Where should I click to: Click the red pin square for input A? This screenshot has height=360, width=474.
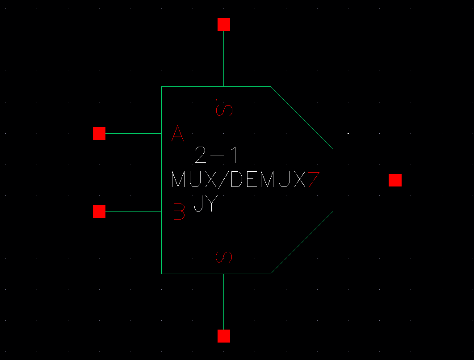click(99, 133)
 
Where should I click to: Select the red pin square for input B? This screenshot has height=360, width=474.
click(99, 211)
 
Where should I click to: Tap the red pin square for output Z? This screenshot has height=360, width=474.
click(395, 180)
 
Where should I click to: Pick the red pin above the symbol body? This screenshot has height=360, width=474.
click(223, 24)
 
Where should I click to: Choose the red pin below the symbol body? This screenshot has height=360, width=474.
click(223, 336)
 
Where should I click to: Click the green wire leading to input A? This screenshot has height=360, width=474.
click(133, 133)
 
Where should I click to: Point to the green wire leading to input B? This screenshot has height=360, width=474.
click(133, 211)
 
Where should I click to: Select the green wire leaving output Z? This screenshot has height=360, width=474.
click(361, 180)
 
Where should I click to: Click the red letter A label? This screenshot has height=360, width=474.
click(178, 133)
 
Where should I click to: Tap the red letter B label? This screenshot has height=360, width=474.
click(179, 212)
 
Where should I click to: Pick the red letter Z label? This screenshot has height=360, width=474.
click(314, 180)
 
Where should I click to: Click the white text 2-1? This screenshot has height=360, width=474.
click(216, 156)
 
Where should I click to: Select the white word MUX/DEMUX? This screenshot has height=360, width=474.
click(239, 180)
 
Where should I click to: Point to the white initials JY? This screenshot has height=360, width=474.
click(206, 204)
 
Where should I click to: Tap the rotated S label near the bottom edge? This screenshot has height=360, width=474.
click(224, 257)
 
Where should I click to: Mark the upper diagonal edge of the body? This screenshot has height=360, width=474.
click(302, 117)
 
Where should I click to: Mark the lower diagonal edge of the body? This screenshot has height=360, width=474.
click(302, 242)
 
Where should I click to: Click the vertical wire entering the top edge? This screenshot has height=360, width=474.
click(223, 58)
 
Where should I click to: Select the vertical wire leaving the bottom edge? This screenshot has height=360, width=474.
click(223, 302)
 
